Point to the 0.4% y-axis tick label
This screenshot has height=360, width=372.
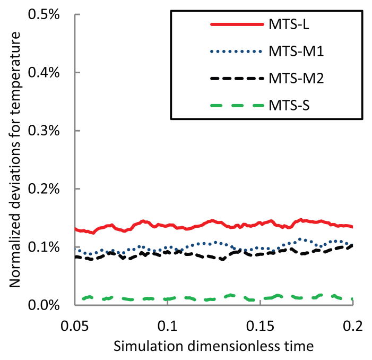click(50, 72)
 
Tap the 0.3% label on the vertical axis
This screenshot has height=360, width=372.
click(50, 131)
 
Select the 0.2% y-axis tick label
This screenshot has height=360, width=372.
click(50, 189)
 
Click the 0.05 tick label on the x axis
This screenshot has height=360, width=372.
click(75, 324)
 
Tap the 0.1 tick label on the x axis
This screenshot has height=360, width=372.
click(168, 324)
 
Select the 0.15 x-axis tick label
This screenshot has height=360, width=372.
click(260, 324)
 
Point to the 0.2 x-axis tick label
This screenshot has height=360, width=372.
click(353, 324)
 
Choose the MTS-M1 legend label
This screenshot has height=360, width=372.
click(295, 52)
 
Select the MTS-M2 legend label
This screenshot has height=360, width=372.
click(295, 78)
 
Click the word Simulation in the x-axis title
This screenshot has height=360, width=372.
click(140, 346)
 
